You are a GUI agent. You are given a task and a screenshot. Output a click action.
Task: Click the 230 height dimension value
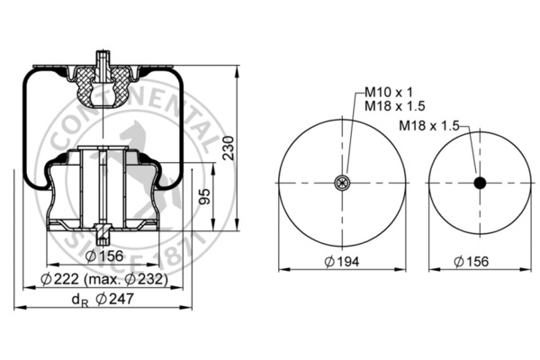229,148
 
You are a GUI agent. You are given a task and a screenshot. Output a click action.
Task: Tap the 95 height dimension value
205,197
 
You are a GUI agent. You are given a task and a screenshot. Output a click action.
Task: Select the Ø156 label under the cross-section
104,256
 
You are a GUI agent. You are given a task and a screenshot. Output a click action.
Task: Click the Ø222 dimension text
59,279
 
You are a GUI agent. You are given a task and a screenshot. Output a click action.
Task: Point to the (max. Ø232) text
126,279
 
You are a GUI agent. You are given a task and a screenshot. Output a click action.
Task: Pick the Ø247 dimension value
114,299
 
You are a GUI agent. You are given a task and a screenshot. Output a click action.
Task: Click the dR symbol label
80,300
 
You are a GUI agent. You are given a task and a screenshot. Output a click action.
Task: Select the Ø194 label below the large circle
342,262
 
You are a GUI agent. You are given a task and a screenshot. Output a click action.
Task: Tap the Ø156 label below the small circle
471,262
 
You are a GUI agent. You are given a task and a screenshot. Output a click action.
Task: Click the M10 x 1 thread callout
389,92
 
